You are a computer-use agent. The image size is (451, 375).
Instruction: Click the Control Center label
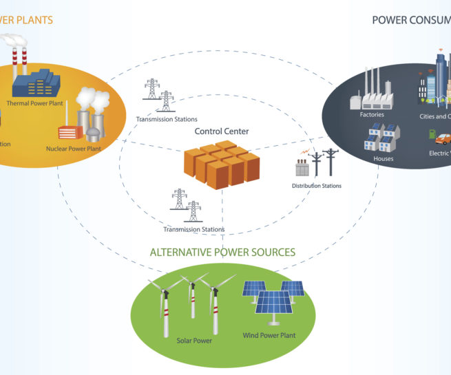click(222, 131)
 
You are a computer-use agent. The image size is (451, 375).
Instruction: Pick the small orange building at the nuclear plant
click(70, 132)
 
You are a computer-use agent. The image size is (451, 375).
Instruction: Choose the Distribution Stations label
click(316, 186)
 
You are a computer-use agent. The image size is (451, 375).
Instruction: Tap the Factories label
click(372, 115)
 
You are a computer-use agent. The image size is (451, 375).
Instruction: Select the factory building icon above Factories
click(372, 93)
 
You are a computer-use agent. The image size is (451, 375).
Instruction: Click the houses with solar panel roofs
click(380, 138)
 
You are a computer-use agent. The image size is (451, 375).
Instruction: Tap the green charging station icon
click(432, 134)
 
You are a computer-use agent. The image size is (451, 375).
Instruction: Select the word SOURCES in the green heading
click(273, 253)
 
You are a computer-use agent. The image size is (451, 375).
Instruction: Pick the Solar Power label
click(194, 341)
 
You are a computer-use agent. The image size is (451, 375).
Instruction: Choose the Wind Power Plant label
click(269, 335)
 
